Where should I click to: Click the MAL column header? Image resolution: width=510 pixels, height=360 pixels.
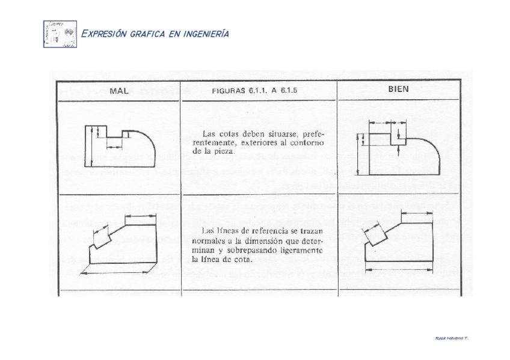(120, 91)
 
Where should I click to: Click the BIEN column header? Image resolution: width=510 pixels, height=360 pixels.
(398, 88)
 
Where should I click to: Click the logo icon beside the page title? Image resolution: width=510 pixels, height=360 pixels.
(60, 34)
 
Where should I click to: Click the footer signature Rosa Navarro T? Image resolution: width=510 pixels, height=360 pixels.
(451, 338)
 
